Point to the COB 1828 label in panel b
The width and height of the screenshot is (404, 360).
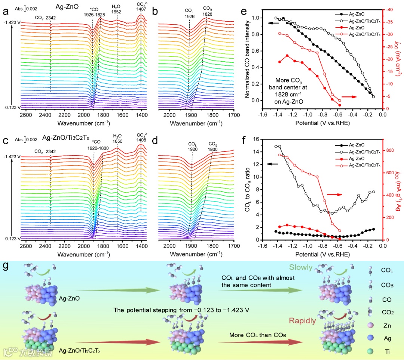[208, 11]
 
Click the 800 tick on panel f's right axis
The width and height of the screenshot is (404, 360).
[390, 150]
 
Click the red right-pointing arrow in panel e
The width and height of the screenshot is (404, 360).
[348, 97]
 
